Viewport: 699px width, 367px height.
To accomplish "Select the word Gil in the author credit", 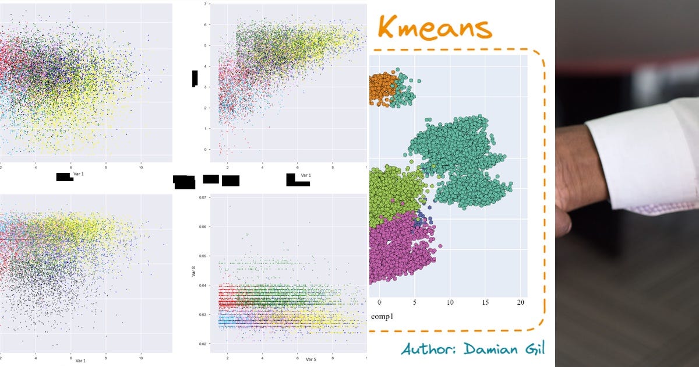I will pos(535,349).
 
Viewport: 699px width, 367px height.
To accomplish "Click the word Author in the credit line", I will pos(431,349).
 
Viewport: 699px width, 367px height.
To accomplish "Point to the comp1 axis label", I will pos(382,316).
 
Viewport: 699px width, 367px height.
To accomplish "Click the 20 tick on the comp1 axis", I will pos(521,303).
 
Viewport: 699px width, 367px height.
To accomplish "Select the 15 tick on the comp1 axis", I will pos(485,303).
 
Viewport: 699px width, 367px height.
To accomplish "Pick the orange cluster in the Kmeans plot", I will pos(382,89).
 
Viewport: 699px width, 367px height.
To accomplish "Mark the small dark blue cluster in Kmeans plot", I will pos(419,220).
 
